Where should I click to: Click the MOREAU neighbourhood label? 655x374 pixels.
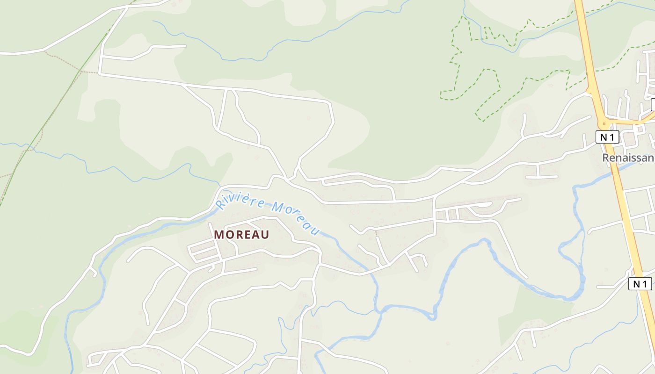(241, 235)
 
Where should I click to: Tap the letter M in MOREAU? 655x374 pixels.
(218, 235)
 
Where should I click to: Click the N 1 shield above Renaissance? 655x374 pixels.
(607, 137)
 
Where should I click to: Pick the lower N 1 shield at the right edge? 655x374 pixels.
(640, 283)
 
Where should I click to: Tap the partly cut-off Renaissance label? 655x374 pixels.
(628, 158)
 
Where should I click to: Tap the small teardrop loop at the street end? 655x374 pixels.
(484, 204)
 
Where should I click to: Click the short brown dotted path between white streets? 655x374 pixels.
(376, 232)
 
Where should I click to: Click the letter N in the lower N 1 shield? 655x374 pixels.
(636, 283)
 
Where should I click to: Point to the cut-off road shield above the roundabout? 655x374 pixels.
(653, 105)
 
